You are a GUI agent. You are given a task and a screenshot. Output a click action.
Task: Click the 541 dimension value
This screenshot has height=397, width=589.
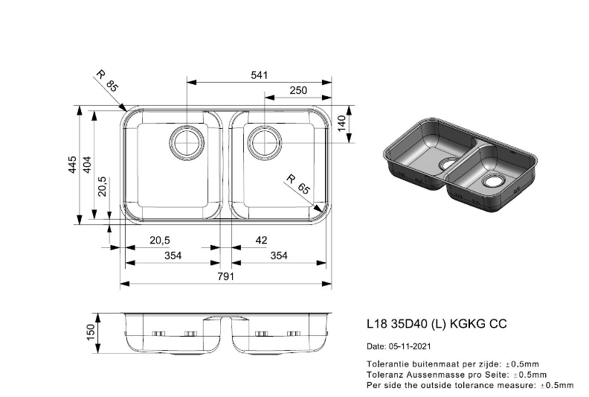[260, 75]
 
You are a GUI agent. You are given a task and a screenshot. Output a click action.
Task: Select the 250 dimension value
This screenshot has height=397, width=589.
[298, 90]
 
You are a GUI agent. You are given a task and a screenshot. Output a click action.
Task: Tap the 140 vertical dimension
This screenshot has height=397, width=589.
[341, 124]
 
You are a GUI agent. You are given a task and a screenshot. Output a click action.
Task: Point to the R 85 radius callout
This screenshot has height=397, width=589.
[107, 81]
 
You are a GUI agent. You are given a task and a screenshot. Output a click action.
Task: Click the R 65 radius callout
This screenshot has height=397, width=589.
[298, 184]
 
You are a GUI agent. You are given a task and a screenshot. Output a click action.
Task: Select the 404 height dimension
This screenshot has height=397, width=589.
[87, 165]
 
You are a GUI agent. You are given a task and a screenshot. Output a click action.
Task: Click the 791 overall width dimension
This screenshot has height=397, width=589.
[226, 276]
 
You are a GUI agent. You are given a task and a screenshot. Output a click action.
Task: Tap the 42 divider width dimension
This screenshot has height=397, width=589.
[261, 240]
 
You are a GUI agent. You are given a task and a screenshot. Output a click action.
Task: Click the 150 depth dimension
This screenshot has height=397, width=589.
[91, 333]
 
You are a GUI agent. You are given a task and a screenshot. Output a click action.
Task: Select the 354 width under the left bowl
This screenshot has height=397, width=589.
[173, 256]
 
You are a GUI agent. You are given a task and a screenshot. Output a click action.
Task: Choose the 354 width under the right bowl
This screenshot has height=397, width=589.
[279, 256]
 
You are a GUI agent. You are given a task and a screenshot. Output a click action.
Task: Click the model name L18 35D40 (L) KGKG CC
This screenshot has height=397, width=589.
[437, 323]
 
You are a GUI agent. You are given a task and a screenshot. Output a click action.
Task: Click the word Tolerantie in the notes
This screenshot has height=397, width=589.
[384, 364]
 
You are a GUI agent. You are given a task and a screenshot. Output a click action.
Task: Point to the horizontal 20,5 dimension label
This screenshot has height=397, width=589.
[160, 240]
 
